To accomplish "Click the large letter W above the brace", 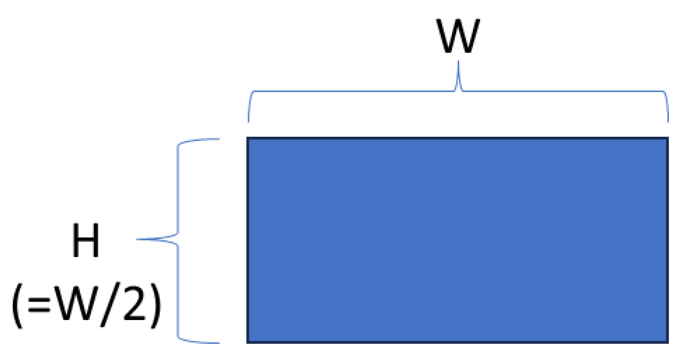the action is click(x=458, y=36).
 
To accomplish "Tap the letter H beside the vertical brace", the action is click(x=86, y=240).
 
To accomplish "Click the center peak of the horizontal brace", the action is click(x=458, y=62).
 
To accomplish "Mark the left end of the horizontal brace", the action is click(x=249, y=121).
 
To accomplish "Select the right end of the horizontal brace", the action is click(x=668, y=121).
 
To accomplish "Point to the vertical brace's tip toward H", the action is click(x=137, y=239).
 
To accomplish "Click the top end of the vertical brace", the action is click(x=219, y=139).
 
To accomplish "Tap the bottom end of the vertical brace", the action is click(x=219, y=343).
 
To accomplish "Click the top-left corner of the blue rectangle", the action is click(x=247, y=138).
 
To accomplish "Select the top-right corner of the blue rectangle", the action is click(x=668, y=138).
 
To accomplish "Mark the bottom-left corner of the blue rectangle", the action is click(x=247, y=342).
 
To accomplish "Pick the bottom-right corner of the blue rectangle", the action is click(x=668, y=342).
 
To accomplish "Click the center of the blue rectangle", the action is click(x=457, y=240).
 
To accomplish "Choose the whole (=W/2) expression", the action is click(x=86, y=306).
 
